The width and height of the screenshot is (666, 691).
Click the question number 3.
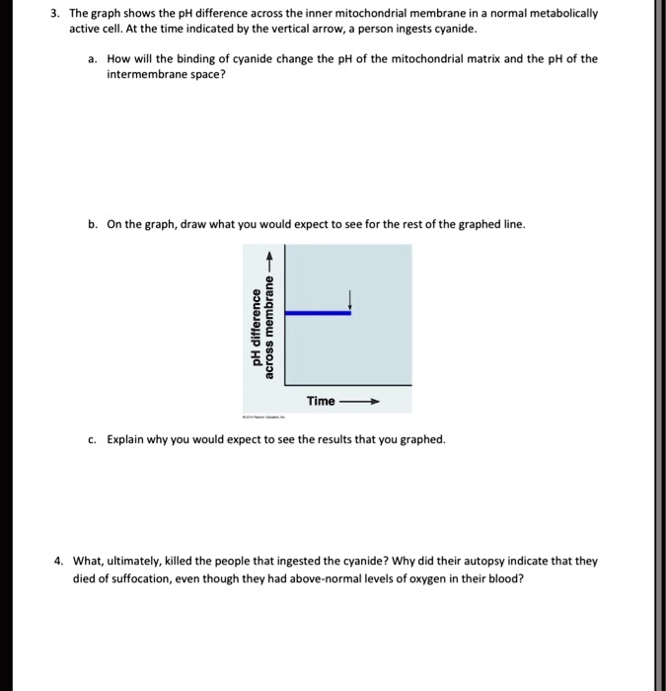57,15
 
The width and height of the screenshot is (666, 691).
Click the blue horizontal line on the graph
317,313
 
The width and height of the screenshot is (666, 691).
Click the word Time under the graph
321,401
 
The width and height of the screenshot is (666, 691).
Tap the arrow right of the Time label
358,402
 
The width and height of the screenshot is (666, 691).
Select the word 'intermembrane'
143,74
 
